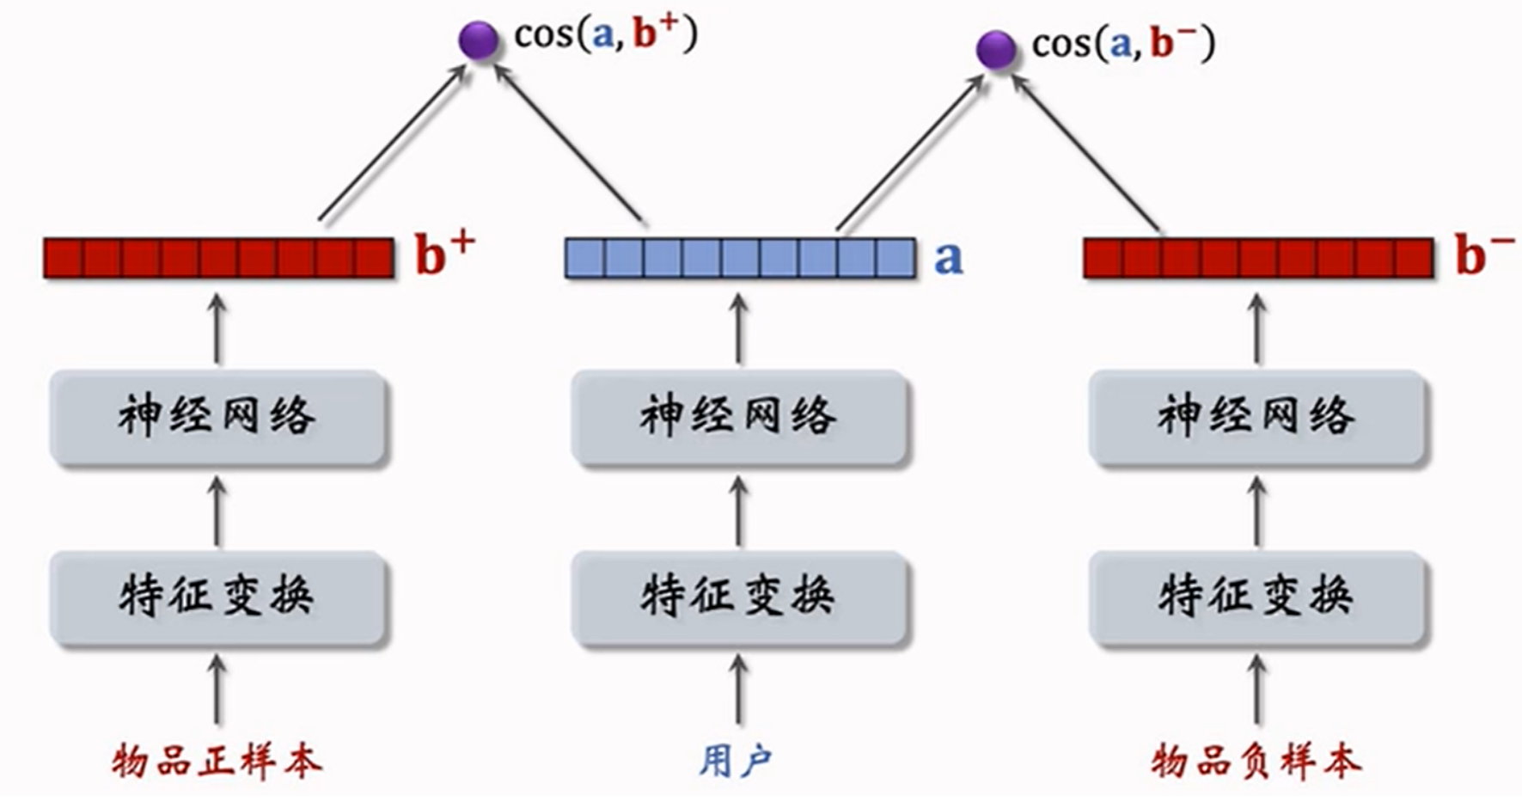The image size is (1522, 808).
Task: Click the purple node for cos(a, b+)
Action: (x=478, y=40)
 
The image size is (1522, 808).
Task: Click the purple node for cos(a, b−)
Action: (x=996, y=49)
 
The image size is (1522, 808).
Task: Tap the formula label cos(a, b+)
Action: (x=605, y=35)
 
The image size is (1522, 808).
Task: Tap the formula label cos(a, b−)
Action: (x=1123, y=44)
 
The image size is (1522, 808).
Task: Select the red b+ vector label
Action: (x=443, y=253)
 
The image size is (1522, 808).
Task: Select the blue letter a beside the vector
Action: (x=948, y=257)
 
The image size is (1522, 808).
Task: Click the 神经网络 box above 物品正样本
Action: (x=217, y=418)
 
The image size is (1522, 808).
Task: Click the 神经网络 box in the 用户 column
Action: (x=738, y=418)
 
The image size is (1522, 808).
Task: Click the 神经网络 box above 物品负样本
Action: (x=1256, y=418)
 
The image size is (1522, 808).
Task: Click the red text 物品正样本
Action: (x=217, y=762)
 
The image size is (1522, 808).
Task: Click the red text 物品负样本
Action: (x=1256, y=762)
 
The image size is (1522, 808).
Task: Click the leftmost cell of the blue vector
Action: (x=584, y=258)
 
